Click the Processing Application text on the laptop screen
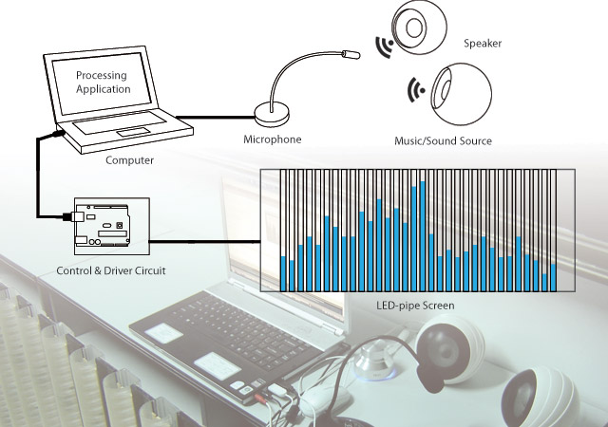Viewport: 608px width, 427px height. click(103, 82)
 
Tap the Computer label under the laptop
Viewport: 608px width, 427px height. click(129, 160)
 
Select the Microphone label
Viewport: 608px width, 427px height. click(272, 139)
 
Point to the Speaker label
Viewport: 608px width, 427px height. click(483, 44)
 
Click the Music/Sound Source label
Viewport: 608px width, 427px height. click(443, 141)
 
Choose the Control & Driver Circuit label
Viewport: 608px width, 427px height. click(111, 271)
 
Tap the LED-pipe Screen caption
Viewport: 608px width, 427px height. click(416, 306)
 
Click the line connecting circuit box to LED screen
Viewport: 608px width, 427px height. click(204, 241)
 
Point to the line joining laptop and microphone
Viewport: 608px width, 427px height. click(214, 118)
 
